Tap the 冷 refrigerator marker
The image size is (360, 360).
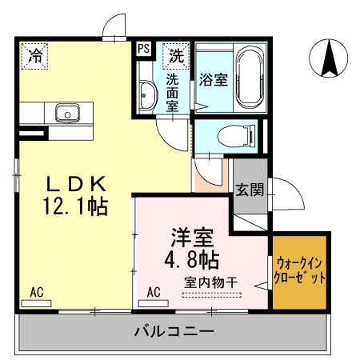click(36, 55)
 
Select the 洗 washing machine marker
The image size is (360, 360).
click(175, 55)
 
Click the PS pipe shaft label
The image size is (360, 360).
click(144, 49)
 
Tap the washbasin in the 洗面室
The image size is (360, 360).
click(146, 97)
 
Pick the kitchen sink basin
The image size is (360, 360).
click(66, 112)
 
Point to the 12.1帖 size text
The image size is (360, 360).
click(75, 206)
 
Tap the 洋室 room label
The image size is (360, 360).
click(193, 238)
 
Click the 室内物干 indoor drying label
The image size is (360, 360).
click(212, 282)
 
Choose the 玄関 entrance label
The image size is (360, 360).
click(250, 190)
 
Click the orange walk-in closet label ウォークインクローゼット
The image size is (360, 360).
click(300, 271)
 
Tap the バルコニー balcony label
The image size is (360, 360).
click(173, 330)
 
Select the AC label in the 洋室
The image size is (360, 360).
click(154, 291)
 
